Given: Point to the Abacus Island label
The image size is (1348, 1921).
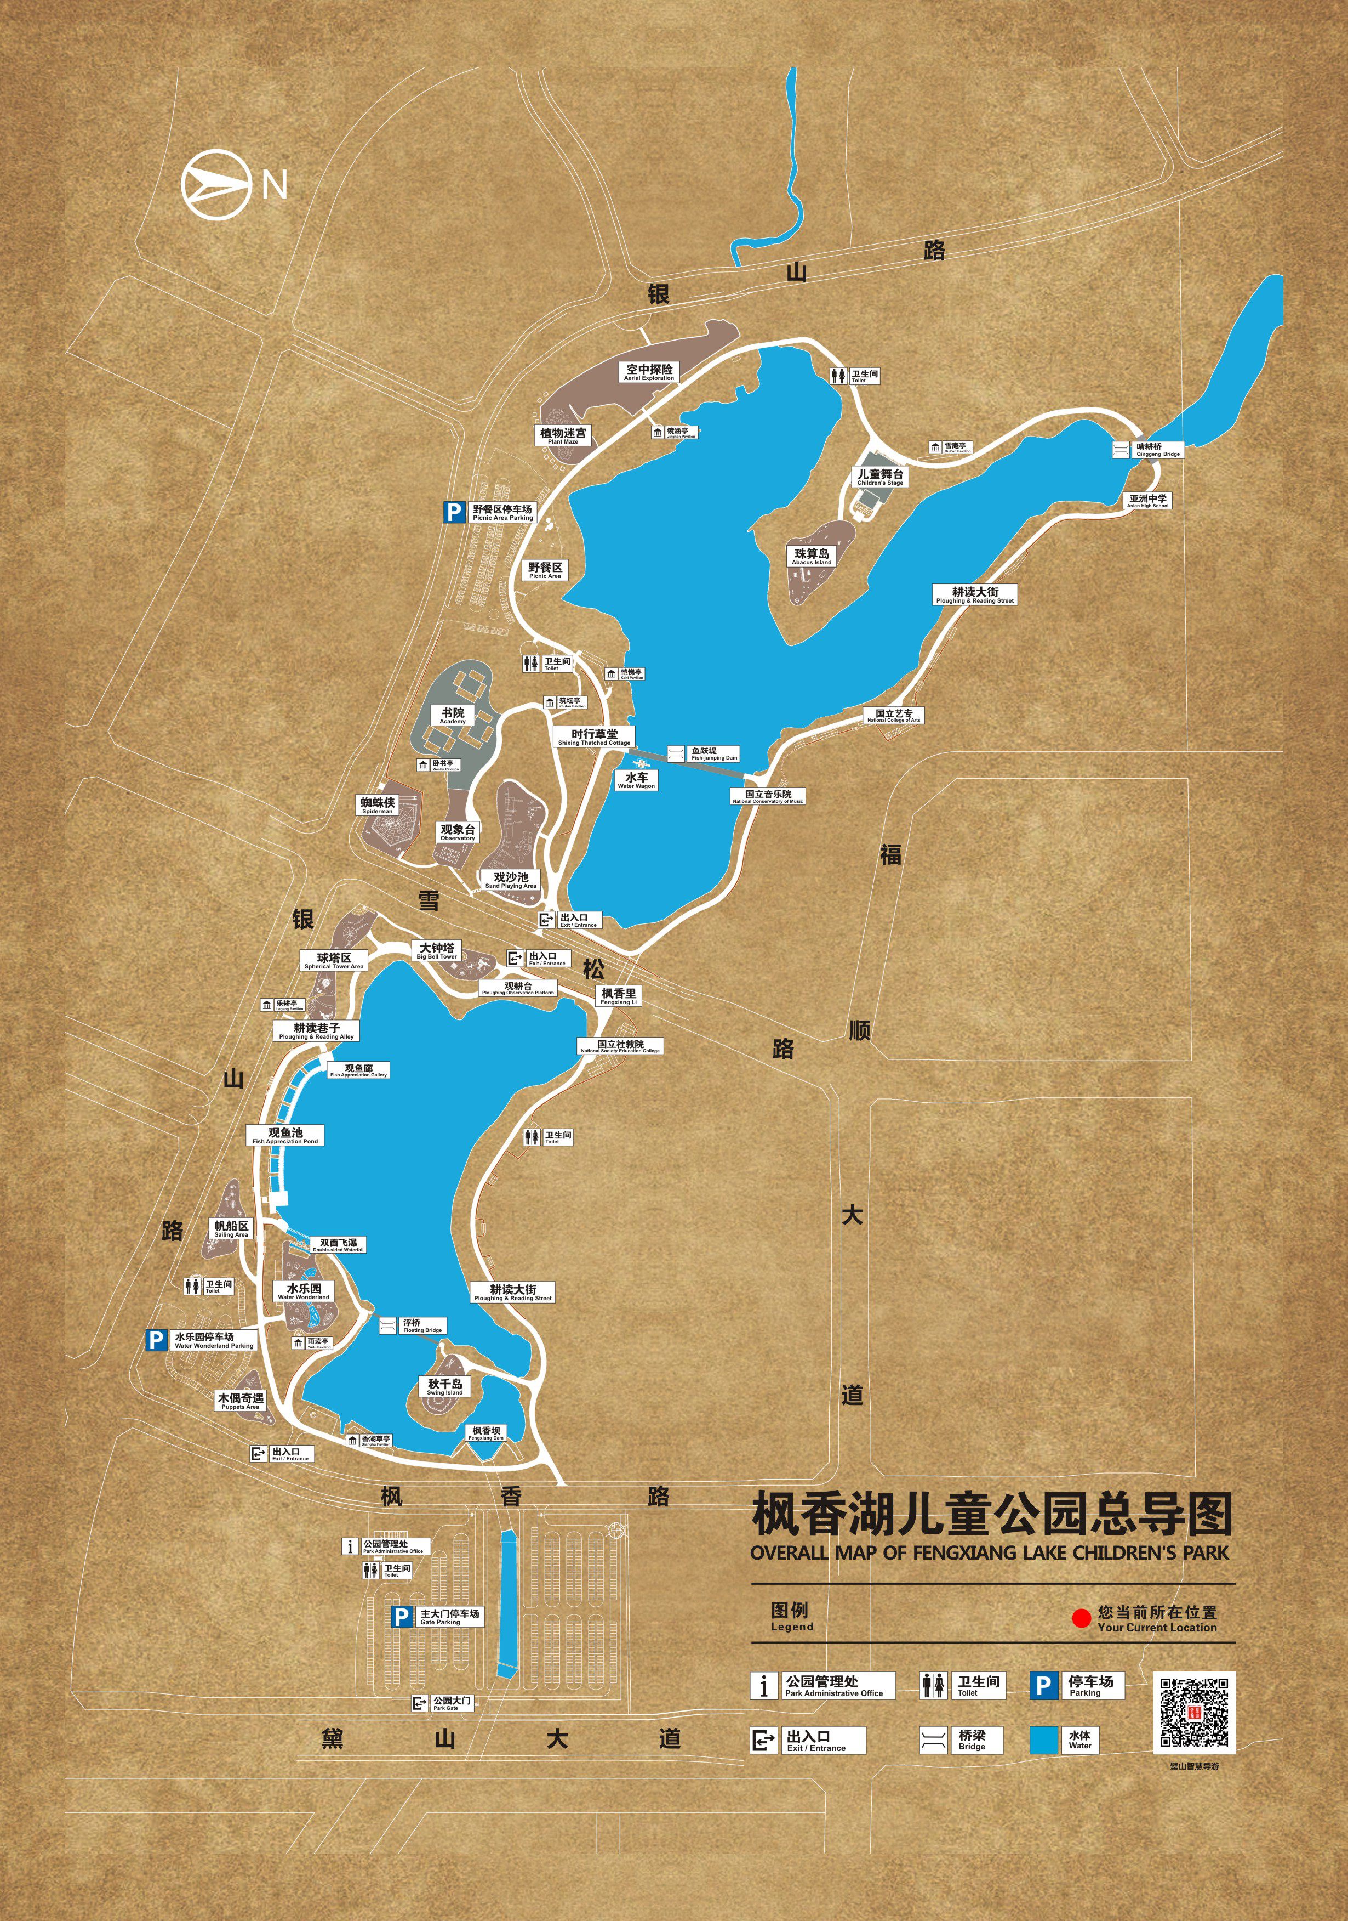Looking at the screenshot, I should [x=812, y=557].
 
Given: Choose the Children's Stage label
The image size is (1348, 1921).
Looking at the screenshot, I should [x=879, y=477].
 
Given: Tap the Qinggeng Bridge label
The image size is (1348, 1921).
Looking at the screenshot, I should [x=1158, y=449].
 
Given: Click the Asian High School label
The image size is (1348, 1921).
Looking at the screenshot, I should [x=1147, y=500].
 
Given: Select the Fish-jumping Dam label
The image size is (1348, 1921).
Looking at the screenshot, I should [x=713, y=754].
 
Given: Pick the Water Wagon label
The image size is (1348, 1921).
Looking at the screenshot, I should [x=636, y=780].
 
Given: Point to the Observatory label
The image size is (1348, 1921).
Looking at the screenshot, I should [x=458, y=832].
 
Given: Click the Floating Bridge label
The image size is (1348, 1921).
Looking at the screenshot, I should [x=422, y=1326].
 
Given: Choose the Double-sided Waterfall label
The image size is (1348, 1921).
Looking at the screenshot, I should [x=339, y=1245].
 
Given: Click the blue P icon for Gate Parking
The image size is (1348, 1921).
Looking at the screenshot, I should [x=402, y=1617].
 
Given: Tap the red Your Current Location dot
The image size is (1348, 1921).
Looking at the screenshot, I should [x=1081, y=1619].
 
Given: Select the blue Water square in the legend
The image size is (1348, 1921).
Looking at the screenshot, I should [x=1044, y=1740].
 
